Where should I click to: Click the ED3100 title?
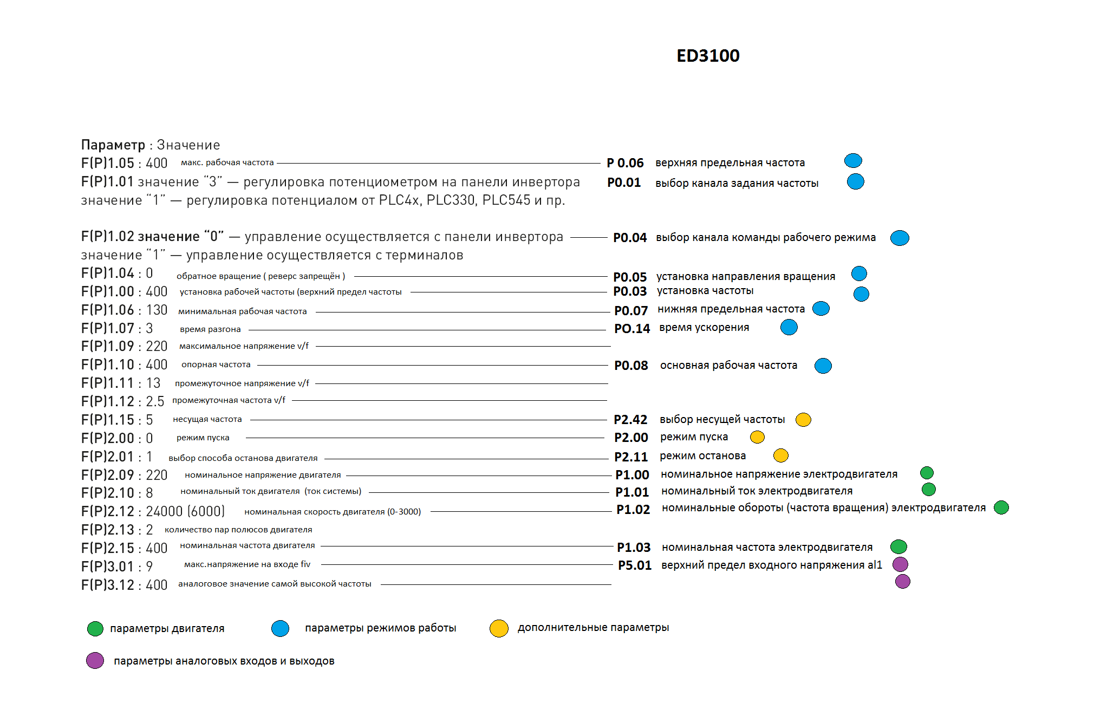pyautogui.click(x=708, y=56)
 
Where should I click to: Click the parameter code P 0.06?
pyautogui.click(x=625, y=163)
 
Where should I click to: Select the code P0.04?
pyautogui.click(x=630, y=238)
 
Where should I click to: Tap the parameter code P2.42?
pyautogui.click(x=630, y=420)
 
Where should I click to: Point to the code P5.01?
pyautogui.click(x=635, y=565)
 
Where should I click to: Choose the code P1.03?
pyautogui.click(x=634, y=548)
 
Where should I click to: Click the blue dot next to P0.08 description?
pyautogui.click(x=823, y=366)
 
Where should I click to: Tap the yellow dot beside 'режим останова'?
pyautogui.click(x=780, y=455)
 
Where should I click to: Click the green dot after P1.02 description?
pyautogui.click(x=1001, y=507)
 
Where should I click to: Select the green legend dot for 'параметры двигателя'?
pyautogui.click(x=95, y=629)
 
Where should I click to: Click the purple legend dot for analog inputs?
pyautogui.click(x=95, y=661)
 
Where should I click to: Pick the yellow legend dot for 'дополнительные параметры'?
pyautogui.click(x=499, y=628)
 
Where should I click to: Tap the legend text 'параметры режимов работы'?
pyautogui.click(x=380, y=628)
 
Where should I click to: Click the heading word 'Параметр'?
pyautogui.click(x=113, y=145)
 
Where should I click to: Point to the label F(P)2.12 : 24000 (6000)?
pyautogui.click(x=153, y=511)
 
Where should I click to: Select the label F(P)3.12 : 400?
pyautogui.click(x=124, y=585)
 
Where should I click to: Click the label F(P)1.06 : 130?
pyautogui.click(x=124, y=310)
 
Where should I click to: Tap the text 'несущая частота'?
pyautogui.click(x=207, y=419)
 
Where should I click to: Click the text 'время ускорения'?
pyautogui.click(x=704, y=328)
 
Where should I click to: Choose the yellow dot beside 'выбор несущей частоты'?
pyautogui.click(x=803, y=420)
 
